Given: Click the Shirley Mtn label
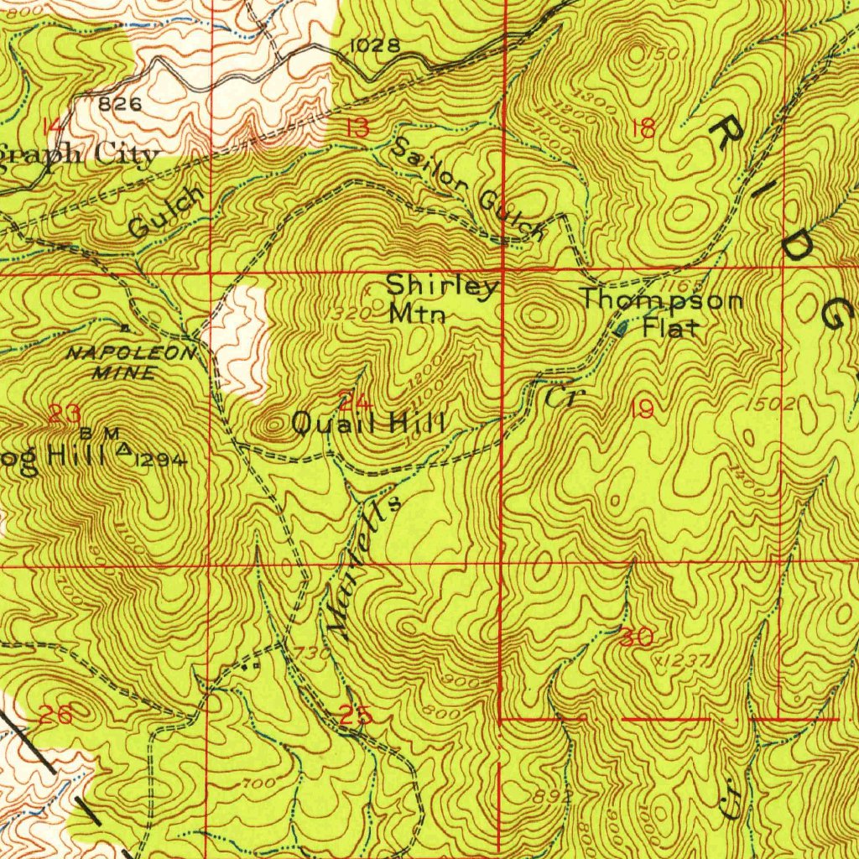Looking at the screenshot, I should point(441,299).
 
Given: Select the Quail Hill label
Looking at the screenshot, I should point(367,423).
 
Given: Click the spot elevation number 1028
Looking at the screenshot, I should point(373,45).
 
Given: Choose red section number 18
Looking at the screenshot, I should point(644,128).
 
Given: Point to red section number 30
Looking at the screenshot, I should point(637,638).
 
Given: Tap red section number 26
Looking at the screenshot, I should point(55,715).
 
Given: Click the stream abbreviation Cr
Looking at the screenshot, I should point(560,396).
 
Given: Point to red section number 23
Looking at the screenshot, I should point(65,413).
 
